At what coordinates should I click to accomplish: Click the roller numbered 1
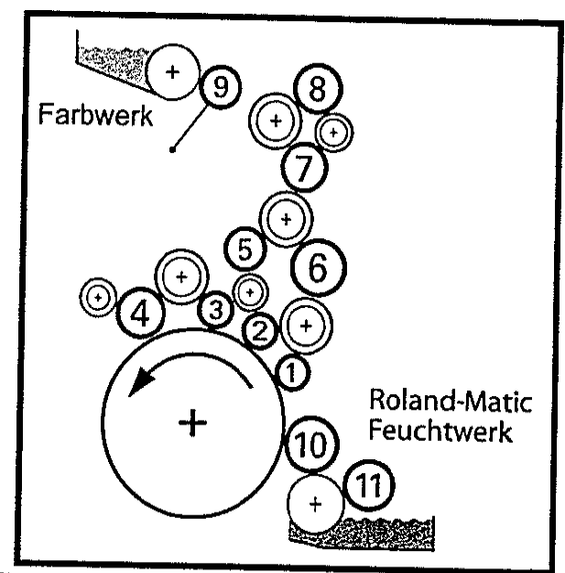point(289,372)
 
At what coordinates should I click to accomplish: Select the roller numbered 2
point(259,331)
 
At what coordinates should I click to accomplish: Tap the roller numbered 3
point(215,310)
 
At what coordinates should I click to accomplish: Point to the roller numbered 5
point(244,248)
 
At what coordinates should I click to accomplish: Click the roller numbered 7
point(304,167)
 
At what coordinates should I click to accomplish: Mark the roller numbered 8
point(318,90)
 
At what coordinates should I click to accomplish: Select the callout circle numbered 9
point(219,87)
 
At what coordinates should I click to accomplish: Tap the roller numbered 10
point(311,446)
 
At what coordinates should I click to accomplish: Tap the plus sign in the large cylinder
point(192,423)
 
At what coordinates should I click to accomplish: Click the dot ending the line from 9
point(172,149)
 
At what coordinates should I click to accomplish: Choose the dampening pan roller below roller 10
point(315,504)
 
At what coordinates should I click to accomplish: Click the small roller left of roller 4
point(96,297)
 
